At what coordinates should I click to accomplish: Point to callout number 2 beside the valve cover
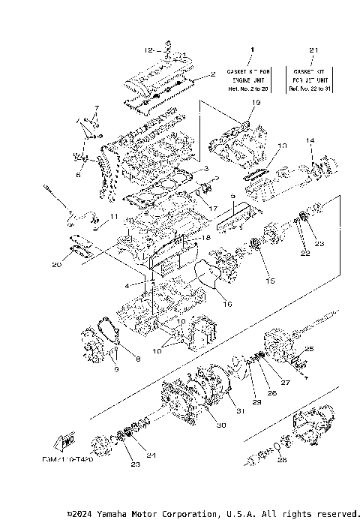click(x=213, y=74)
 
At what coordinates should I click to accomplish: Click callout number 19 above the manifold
click(x=256, y=102)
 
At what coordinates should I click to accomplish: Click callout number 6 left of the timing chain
click(x=78, y=175)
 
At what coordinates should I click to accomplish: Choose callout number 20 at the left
click(x=58, y=263)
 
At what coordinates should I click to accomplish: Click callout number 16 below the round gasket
click(x=227, y=305)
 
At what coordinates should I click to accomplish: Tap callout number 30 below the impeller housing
click(x=220, y=425)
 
